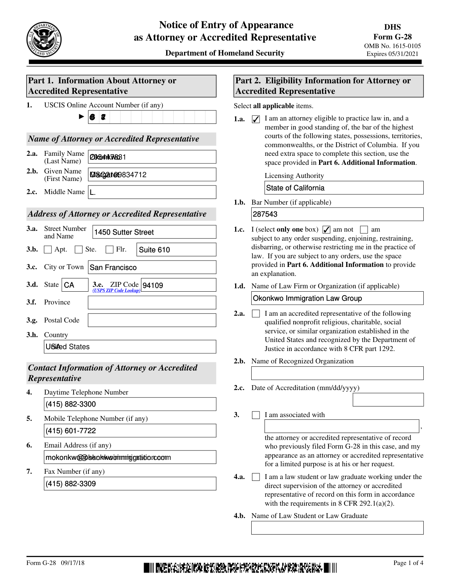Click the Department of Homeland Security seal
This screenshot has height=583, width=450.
pyautogui.click(x=44, y=39)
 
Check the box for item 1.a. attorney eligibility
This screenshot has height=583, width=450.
pyautogui.click(x=256, y=119)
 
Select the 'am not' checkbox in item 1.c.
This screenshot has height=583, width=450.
pyautogui.click(x=326, y=230)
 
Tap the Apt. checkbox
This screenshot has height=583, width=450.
pyautogui.click(x=48, y=250)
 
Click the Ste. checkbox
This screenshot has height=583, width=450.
pyautogui.click(x=79, y=250)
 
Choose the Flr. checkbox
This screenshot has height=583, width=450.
pyautogui.click(x=109, y=250)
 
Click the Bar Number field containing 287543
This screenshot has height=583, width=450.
pyautogui.click(x=337, y=214)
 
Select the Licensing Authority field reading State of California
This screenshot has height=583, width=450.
pyautogui.click(x=344, y=188)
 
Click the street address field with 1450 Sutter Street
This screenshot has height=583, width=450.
pyautogui.click(x=154, y=232)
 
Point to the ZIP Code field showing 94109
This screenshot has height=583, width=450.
pyautogui.click(x=178, y=285)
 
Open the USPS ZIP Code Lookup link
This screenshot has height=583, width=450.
pyautogui.click(x=116, y=291)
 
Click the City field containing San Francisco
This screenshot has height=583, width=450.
pyautogui.click(x=152, y=267)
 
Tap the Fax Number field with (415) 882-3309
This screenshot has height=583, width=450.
pyautogui.click(x=130, y=484)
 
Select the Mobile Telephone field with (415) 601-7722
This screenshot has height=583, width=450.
pyautogui.click(x=130, y=431)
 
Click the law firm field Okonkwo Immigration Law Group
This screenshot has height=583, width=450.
pyautogui.click(x=337, y=298)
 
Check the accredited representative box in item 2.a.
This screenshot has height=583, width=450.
pyautogui.click(x=256, y=313)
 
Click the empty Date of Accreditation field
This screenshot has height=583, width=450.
pyautogui.click(x=388, y=400)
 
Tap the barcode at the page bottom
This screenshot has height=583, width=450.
pyautogui.click(x=240, y=568)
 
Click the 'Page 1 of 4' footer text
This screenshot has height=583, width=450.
pyautogui.click(x=408, y=563)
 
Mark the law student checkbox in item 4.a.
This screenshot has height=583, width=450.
pyautogui.click(x=256, y=477)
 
